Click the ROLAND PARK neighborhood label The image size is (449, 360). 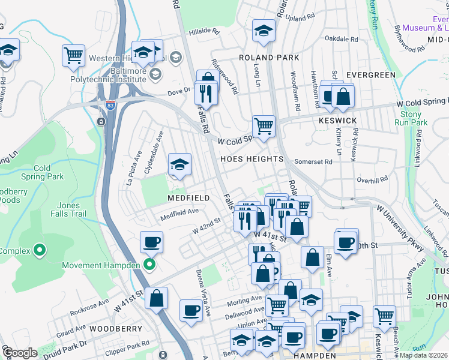coord(265,58)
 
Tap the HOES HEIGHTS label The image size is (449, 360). coord(251,159)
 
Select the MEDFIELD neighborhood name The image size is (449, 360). coord(188,197)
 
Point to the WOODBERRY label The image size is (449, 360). coord(116,329)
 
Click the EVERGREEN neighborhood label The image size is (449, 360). coord(371,75)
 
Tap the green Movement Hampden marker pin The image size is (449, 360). coord(150,265)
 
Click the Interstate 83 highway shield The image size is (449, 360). coord(110,104)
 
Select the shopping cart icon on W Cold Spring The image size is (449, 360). coord(264,126)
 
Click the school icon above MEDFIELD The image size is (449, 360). coord(179,164)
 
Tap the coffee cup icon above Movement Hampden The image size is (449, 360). coord(151,242)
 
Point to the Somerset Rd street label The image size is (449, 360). coord(313,162)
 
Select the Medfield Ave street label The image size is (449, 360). coord(178,211)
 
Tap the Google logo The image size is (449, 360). coord(19,353)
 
